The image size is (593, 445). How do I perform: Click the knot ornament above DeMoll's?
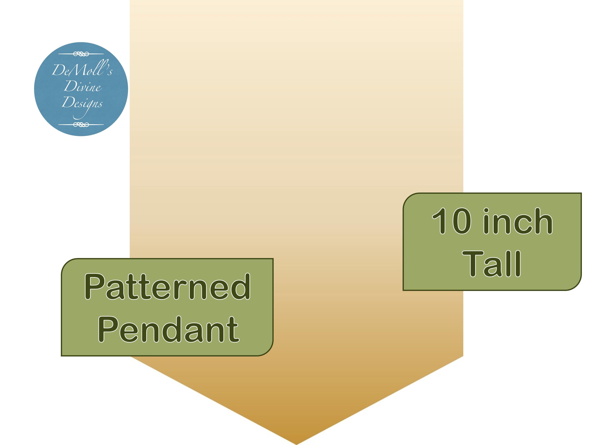(81, 54)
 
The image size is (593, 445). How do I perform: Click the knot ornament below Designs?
(81, 124)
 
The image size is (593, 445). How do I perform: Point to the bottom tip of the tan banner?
(296, 444)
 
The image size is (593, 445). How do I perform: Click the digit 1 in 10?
(440, 221)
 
